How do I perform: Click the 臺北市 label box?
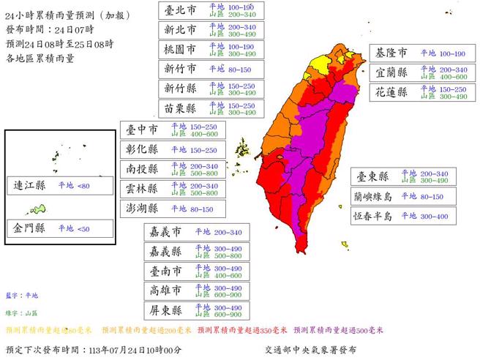(x=179, y=11)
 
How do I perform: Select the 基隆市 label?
(x=392, y=54)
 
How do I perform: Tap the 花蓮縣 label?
(x=392, y=94)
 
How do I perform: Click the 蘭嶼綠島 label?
(x=373, y=196)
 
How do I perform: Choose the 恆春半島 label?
(x=373, y=216)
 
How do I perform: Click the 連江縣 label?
(x=30, y=186)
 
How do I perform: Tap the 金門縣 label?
(x=30, y=228)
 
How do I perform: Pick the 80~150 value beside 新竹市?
(x=220, y=70)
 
